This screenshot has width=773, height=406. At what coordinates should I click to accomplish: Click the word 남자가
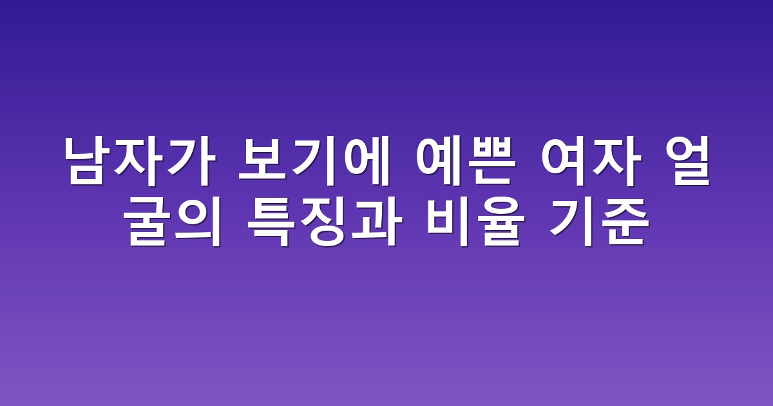pos(140,161)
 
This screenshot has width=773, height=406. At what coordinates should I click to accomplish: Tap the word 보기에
pos(315,161)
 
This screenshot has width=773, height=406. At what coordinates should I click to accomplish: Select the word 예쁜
pos(466,161)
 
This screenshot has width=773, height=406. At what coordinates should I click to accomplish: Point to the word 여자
pos(591,161)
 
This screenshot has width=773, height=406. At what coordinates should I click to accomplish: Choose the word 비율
pos(476,223)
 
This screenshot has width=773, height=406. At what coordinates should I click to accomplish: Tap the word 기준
pos(598,223)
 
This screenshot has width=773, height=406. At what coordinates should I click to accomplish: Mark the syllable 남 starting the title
pos(89,161)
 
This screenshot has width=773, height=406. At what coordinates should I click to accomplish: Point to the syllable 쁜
pos(491,161)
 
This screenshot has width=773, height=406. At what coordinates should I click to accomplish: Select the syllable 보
pos(263,161)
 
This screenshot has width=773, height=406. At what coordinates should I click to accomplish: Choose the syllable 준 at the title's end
pos(624,223)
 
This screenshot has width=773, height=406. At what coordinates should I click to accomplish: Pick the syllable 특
pos(272,223)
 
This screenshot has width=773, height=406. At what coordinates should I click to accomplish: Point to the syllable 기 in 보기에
pos(314,161)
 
